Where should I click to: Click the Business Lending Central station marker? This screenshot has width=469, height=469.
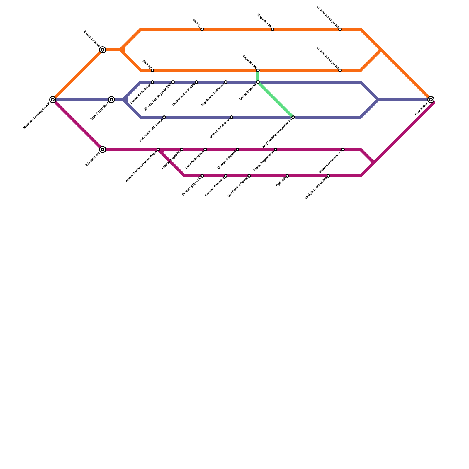point(53,100)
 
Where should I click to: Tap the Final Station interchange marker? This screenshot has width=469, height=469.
point(431,100)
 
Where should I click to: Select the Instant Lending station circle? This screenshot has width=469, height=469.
point(103,50)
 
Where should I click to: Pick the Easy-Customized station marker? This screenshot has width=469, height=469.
point(111,100)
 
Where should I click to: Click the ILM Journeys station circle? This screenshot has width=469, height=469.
point(103,149)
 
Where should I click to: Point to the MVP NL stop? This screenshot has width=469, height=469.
point(202,29)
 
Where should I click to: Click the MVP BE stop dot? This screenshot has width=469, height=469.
point(152,70)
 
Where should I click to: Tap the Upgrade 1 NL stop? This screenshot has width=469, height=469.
point(273,29)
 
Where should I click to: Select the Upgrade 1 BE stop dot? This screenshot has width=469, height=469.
point(258,70)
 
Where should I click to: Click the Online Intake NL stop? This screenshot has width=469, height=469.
point(258,82)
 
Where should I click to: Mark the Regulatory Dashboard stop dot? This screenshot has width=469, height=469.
point(226,82)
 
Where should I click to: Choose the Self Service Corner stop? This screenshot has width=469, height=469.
point(249,176)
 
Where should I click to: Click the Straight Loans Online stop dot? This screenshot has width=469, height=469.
point(328,176)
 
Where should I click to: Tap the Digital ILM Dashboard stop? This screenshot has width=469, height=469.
point(343,149)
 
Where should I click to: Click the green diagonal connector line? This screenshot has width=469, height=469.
point(276,100)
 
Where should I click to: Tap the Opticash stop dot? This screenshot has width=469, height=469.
point(287,176)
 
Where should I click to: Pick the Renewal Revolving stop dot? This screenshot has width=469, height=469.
point(226,176)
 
